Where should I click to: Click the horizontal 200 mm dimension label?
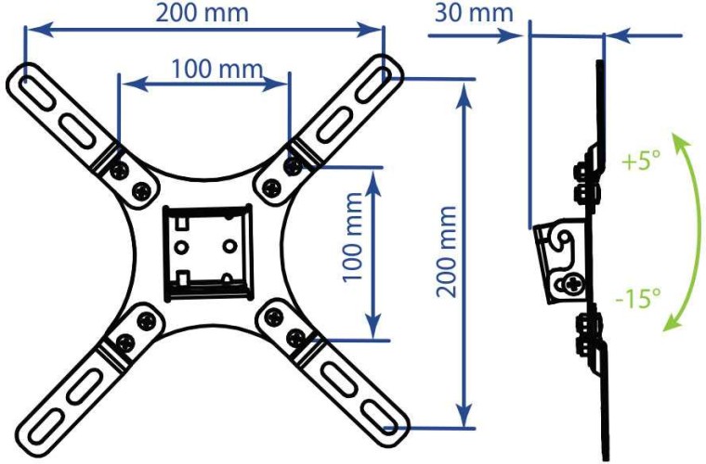click(x=203, y=13)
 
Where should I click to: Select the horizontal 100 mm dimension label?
click(x=217, y=69)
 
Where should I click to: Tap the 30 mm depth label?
click(x=474, y=13)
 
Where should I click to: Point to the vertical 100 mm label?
click(x=353, y=237)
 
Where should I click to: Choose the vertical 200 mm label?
click(x=447, y=251)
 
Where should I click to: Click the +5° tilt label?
click(x=641, y=160)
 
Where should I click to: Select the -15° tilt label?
click(x=638, y=298)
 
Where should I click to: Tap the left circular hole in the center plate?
click(x=182, y=247)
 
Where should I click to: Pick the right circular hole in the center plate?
click(x=230, y=247)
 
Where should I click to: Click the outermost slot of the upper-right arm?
click(x=374, y=84)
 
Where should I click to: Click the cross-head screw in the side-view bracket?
click(x=573, y=285)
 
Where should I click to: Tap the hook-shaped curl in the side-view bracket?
click(x=565, y=238)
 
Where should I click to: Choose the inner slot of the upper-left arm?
click(x=77, y=132)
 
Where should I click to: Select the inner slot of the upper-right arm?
click(x=334, y=125)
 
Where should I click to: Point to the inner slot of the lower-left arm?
click(x=85, y=386)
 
